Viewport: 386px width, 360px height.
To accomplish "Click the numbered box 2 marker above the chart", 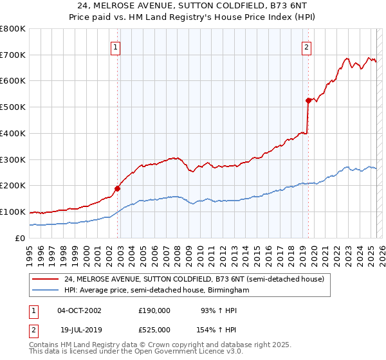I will point(306,46).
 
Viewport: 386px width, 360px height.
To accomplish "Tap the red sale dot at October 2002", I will point(118,188).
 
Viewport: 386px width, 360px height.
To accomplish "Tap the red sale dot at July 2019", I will point(309,100).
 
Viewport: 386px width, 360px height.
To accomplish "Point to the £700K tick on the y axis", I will point(13,55).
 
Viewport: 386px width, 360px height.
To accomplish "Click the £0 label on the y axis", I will point(21,238).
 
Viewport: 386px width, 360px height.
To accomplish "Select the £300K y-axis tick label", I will point(13,159).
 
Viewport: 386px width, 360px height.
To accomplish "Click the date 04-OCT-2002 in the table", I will point(79,310).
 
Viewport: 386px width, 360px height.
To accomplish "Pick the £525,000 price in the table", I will point(154,329).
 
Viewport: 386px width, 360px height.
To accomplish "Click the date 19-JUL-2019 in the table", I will point(78,329).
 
